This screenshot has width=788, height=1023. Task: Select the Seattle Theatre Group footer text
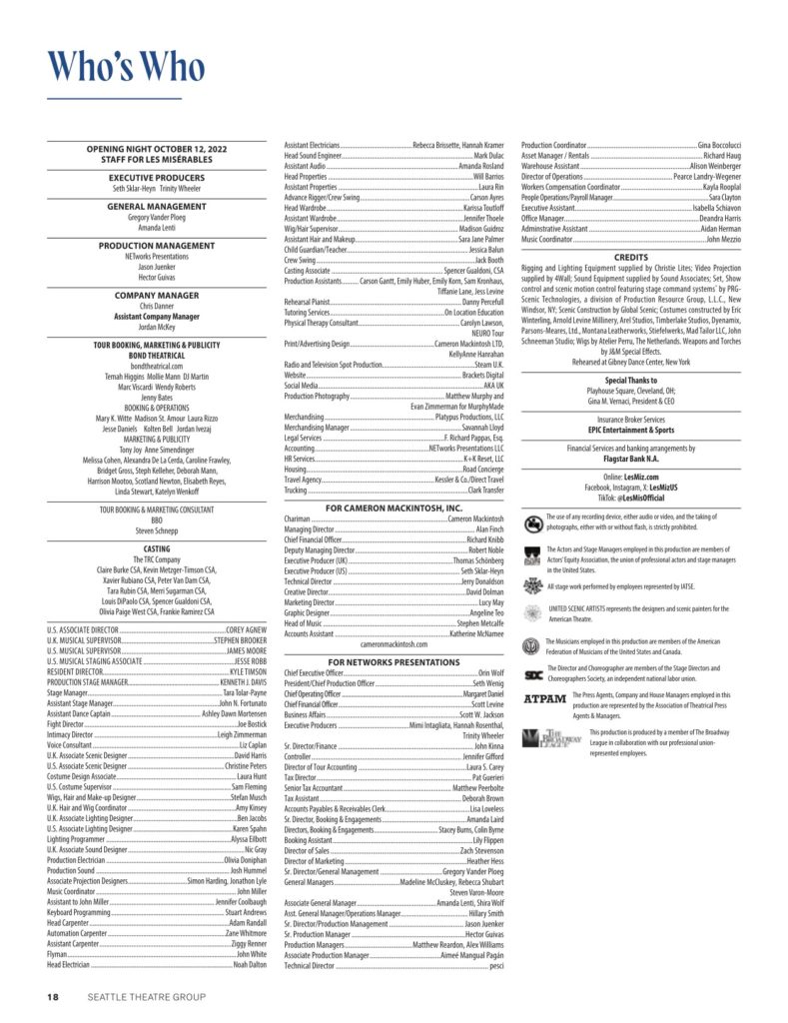coord(146,996)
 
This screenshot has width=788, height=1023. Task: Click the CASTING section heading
coord(157,548)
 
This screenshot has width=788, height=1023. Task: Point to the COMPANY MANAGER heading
coord(157,296)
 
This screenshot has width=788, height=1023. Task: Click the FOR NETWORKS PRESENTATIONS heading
coord(394,661)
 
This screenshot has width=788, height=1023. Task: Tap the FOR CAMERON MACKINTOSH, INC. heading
coord(394,509)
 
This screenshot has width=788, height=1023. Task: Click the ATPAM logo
coord(545,697)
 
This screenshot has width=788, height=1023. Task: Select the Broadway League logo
coord(545,737)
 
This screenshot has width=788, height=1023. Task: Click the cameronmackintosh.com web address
coord(394,644)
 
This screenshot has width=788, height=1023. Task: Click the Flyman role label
coord(57,954)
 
